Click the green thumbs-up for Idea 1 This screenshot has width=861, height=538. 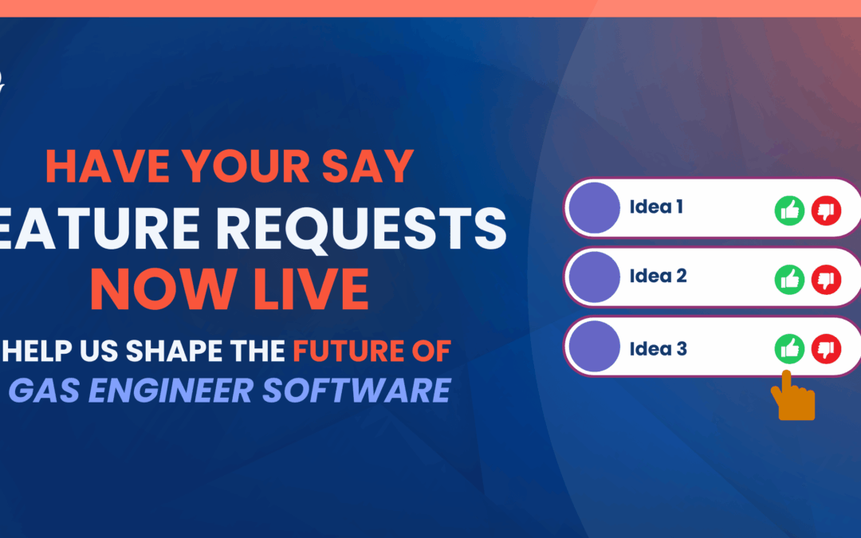tap(789, 211)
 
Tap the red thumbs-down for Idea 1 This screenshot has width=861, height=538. tap(826, 211)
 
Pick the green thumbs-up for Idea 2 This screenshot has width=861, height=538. tap(789, 279)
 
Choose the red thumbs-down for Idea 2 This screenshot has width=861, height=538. tap(826, 279)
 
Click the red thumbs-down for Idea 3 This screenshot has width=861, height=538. tap(826, 348)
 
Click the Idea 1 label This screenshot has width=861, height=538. tap(656, 208)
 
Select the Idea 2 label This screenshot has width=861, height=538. tap(658, 277)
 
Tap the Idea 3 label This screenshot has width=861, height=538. tap(658, 349)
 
